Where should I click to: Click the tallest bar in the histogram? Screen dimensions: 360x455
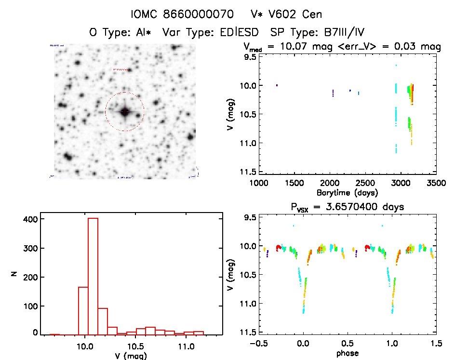[93, 275]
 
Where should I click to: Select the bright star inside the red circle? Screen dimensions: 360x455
[125, 112]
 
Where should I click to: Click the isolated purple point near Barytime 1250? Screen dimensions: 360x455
[277, 85]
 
